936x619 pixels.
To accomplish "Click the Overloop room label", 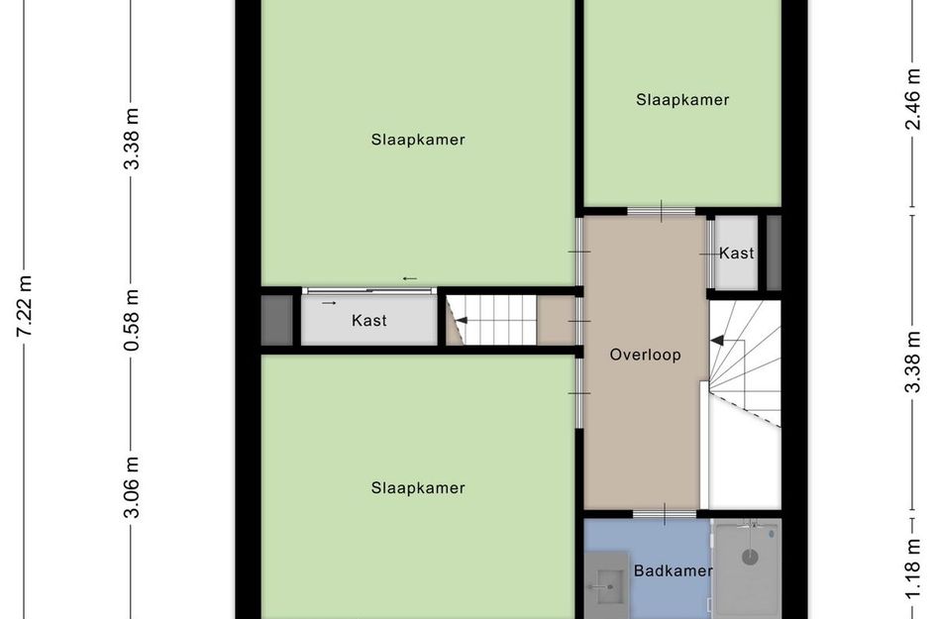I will click(x=645, y=355).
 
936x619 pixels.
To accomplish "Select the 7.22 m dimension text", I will click(x=25, y=307).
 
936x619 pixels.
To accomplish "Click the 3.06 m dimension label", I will click(x=132, y=488).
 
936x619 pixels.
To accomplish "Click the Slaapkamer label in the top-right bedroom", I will click(x=682, y=99).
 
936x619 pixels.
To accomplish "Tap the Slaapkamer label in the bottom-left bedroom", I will click(x=418, y=487).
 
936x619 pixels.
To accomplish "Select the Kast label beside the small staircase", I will click(x=368, y=321).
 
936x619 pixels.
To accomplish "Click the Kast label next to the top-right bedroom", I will click(x=736, y=254).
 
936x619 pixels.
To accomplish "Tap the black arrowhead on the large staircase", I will click(x=716, y=341).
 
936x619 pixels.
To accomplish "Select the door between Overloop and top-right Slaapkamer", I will click(x=661, y=211).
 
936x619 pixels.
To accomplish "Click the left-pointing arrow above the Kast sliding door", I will click(x=409, y=278).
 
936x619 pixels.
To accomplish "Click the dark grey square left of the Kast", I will click(x=276, y=320).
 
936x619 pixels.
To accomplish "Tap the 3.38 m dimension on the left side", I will click(x=132, y=140).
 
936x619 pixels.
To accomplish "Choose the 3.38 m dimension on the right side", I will click(x=912, y=365).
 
